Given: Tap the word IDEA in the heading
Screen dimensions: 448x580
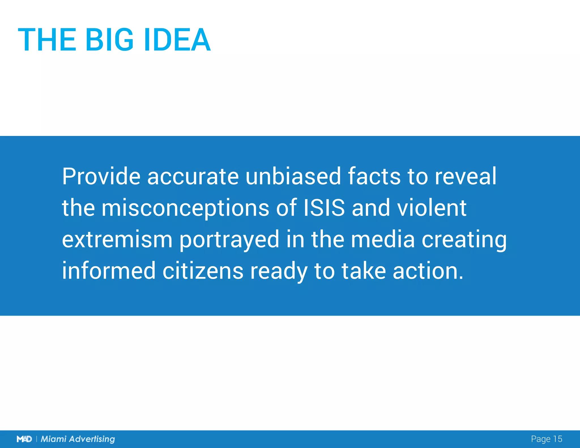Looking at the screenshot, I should [x=177, y=40].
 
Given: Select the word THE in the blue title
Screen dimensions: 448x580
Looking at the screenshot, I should [x=47, y=40].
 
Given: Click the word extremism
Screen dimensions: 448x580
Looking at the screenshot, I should [x=117, y=240].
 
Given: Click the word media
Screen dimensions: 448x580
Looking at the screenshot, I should [x=383, y=239].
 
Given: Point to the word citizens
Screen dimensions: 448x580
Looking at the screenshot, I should [x=203, y=271].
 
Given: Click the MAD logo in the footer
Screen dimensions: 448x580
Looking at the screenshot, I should [x=24, y=439].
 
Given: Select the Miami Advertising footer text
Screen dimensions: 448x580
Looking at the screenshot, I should [x=78, y=439].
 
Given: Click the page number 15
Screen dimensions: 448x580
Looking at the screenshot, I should [x=557, y=439].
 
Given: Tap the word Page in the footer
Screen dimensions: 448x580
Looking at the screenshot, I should [x=541, y=439].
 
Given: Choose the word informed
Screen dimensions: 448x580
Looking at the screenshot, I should [x=109, y=271].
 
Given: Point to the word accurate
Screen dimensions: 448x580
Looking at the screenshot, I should [x=193, y=177].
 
